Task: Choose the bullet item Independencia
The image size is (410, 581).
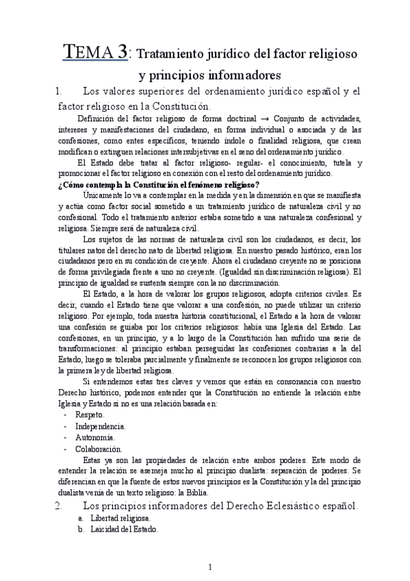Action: click(x=100, y=425)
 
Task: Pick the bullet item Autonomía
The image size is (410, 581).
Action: click(x=94, y=437)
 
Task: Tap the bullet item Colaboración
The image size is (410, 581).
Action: click(x=99, y=449)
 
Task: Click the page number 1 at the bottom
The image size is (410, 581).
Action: click(x=210, y=567)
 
